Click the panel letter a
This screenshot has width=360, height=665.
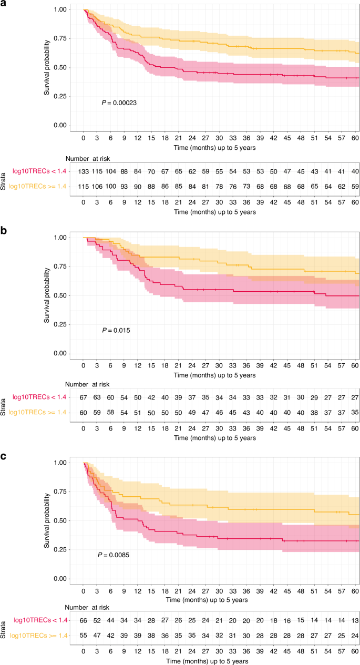click(4, 4)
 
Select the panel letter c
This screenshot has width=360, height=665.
click(4, 456)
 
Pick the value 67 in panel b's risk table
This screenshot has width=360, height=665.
click(83, 398)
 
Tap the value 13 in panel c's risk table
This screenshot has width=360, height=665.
click(355, 621)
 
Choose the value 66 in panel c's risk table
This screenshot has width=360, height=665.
click(83, 621)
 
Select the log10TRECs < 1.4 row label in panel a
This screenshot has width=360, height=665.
click(36, 171)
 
